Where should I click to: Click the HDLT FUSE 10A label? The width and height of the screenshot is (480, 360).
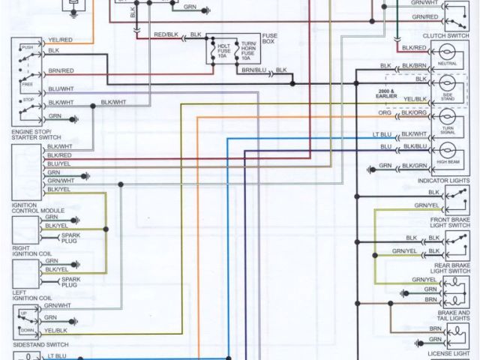point(223,49)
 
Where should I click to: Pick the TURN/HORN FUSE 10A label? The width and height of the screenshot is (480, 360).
point(247,49)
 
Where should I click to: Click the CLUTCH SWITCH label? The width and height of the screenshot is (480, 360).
point(445,34)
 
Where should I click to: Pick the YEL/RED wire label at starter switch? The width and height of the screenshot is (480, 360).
point(61,39)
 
